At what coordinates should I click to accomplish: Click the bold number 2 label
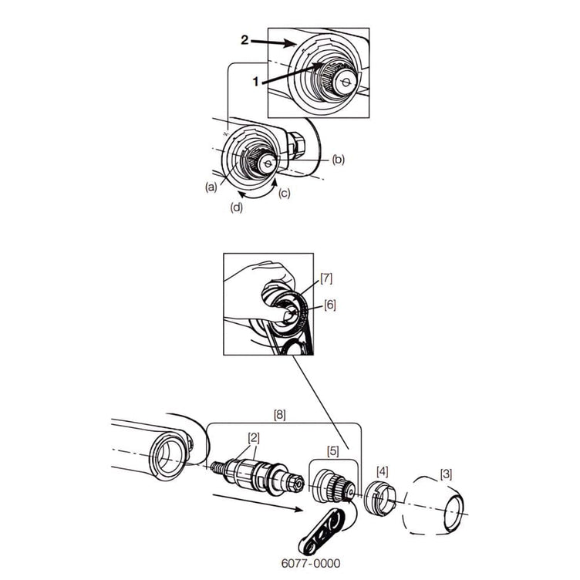click(x=244, y=40)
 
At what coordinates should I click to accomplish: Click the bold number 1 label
click(x=255, y=82)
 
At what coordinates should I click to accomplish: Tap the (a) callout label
click(x=211, y=187)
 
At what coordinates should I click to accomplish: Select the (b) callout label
click(x=338, y=160)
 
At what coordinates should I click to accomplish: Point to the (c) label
click(x=284, y=193)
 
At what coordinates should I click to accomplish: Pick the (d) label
click(x=237, y=207)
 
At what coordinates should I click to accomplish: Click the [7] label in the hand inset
click(x=326, y=278)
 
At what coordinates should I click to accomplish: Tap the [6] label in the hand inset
click(x=329, y=305)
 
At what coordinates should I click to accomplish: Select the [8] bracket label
click(x=280, y=415)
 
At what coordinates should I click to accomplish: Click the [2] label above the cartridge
click(x=254, y=438)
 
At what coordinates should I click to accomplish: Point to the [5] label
click(x=333, y=451)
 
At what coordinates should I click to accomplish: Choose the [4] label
click(x=382, y=471)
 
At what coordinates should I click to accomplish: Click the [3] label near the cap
click(x=446, y=474)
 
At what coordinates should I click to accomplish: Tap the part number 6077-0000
click(x=311, y=563)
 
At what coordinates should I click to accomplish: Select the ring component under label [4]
click(x=379, y=497)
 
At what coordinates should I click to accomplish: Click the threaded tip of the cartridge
click(x=217, y=468)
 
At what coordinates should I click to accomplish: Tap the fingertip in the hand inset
click(x=285, y=315)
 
